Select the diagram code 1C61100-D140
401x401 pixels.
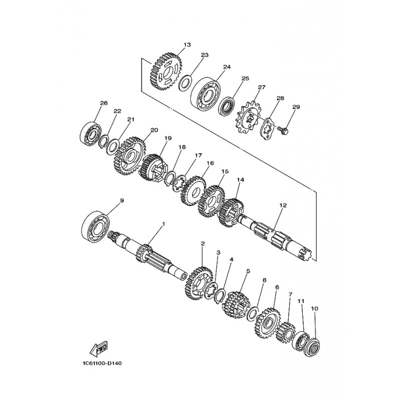[102, 363]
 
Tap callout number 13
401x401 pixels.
[187, 45]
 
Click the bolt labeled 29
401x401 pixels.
[283, 130]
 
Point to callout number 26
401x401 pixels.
[104, 103]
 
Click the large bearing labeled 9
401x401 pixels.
[96, 226]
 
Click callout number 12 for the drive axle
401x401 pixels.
[283, 205]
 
